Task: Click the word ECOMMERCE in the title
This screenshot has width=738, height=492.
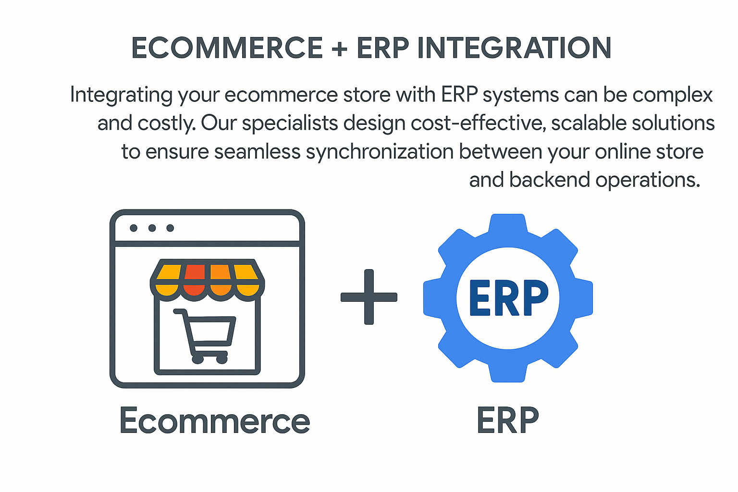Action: click(227, 48)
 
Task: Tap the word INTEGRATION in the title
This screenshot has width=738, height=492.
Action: click(514, 48)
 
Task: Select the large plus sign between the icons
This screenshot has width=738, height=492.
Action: click(369, 297)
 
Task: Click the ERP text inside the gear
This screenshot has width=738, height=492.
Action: click(508, 298)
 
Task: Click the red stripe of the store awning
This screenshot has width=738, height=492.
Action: click(194, 279)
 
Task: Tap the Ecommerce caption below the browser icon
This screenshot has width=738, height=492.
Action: click(214, 421)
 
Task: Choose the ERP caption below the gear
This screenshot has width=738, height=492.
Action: click(507, 421)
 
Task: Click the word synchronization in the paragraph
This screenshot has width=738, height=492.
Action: click(380, 152)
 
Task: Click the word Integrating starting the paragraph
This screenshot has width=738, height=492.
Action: click(121, 95)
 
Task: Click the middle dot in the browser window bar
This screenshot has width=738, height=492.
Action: click(152, 228)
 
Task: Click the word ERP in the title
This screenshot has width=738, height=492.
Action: click(382, 48)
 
